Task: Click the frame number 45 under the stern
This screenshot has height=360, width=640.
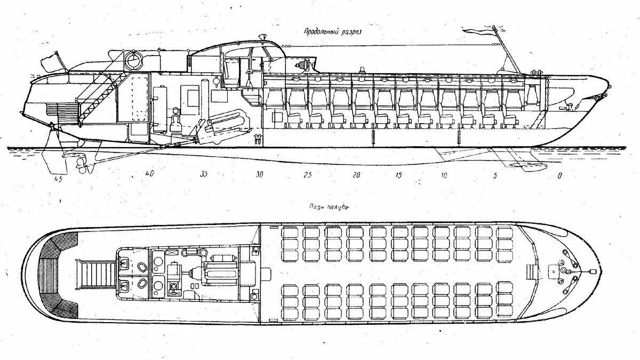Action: click(58, 179)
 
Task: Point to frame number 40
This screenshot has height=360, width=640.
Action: click(149, 174)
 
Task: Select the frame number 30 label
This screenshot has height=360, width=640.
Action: click(259, 174)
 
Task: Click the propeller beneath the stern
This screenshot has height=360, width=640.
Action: click(82, 164)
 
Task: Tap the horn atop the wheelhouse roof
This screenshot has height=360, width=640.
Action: click(263, 37)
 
